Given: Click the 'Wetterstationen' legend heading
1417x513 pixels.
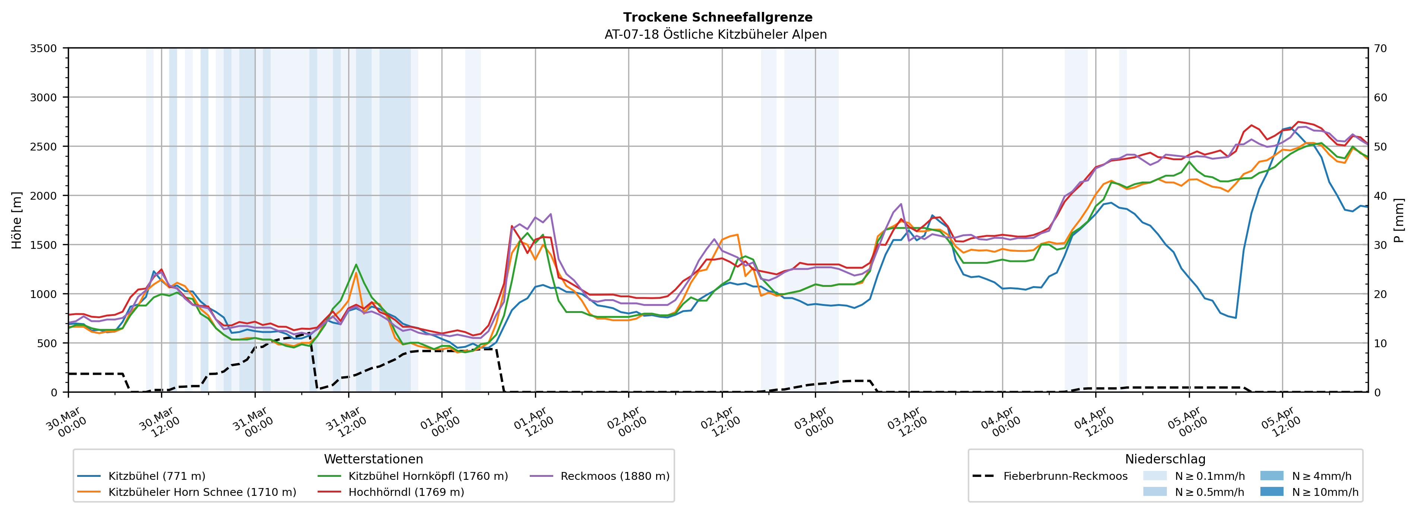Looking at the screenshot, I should pos(374,459).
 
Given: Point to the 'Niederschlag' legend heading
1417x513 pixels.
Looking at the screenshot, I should pos(1165,459).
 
